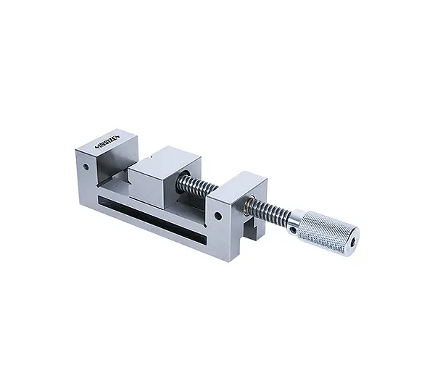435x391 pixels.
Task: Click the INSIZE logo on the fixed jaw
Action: coord(107,141)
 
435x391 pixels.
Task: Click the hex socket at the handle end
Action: coord(352,243)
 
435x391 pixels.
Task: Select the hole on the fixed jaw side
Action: coord(86,167)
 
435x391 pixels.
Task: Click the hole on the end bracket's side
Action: coord(218,216)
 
